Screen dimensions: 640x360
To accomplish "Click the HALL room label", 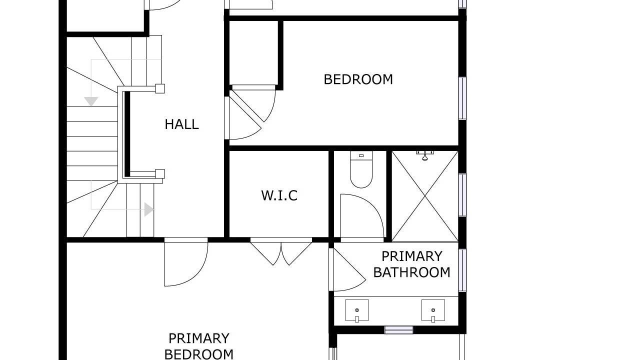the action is coord(181,124).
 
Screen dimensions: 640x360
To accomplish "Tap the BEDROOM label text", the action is coord(358,79).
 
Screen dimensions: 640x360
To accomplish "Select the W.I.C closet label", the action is coord(279,195).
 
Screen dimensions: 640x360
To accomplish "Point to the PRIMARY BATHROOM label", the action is coord(411,264).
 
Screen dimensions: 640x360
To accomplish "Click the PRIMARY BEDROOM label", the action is coord(199,346).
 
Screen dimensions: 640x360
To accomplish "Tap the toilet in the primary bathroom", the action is coord(361,169).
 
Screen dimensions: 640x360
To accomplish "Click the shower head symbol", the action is coord(425,155).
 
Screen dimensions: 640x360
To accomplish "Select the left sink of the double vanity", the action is coord(357,310).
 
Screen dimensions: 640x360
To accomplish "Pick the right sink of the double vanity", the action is coord(433,310).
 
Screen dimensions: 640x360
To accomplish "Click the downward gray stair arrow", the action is coord(91,101).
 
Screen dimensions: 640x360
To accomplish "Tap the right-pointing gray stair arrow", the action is coord(149,209).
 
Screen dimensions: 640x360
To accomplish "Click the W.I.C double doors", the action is coord(281,253).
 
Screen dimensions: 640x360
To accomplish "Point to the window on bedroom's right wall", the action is coord(462,98).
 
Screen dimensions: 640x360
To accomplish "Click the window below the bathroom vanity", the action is coord(399,330).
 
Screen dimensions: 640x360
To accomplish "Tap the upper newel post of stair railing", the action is coord(160,88).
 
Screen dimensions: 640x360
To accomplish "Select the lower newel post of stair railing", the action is coord(160,173).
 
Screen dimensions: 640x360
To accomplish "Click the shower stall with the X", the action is coord(425,196).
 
